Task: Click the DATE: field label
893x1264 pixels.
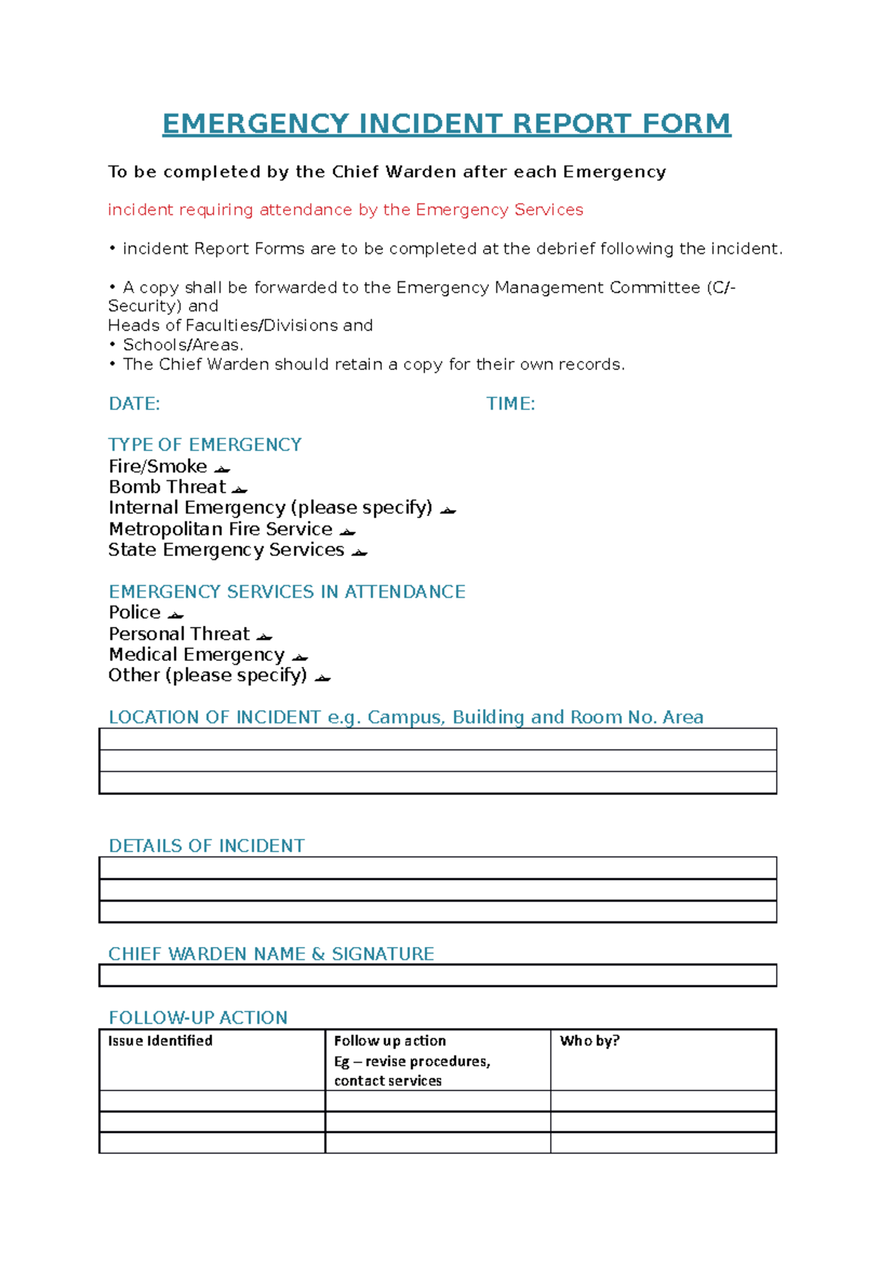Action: tap(134, 404)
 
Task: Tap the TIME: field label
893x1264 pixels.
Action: tap(510, 404)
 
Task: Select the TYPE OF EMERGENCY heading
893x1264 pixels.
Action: tap(205, 445)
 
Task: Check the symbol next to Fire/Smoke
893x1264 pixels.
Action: tap(222, 469)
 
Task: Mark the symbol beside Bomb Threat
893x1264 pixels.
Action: tap(239, 490)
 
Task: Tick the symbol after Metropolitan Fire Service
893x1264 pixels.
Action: tap(347, 532)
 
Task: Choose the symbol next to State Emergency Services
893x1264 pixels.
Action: tap(359, 552)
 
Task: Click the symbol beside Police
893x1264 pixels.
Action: tap(175, 615)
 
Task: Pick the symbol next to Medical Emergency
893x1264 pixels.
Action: tap(299, 657)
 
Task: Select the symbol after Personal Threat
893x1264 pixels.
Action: tap(264, 636)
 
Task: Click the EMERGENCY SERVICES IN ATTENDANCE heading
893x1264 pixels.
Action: tap(287, 592)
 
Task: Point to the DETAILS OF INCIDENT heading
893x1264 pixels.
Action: tap(206, 846)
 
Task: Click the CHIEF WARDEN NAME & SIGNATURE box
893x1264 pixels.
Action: tap(438, 975)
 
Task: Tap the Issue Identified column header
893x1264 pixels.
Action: tap(160, 1041)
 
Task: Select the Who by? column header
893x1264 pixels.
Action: tap(589, 1041)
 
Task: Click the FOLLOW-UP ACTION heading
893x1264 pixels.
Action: tap(198, 1018)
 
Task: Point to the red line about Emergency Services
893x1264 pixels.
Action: tap(345, 210)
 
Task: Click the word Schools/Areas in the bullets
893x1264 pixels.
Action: tap(182, 345)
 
